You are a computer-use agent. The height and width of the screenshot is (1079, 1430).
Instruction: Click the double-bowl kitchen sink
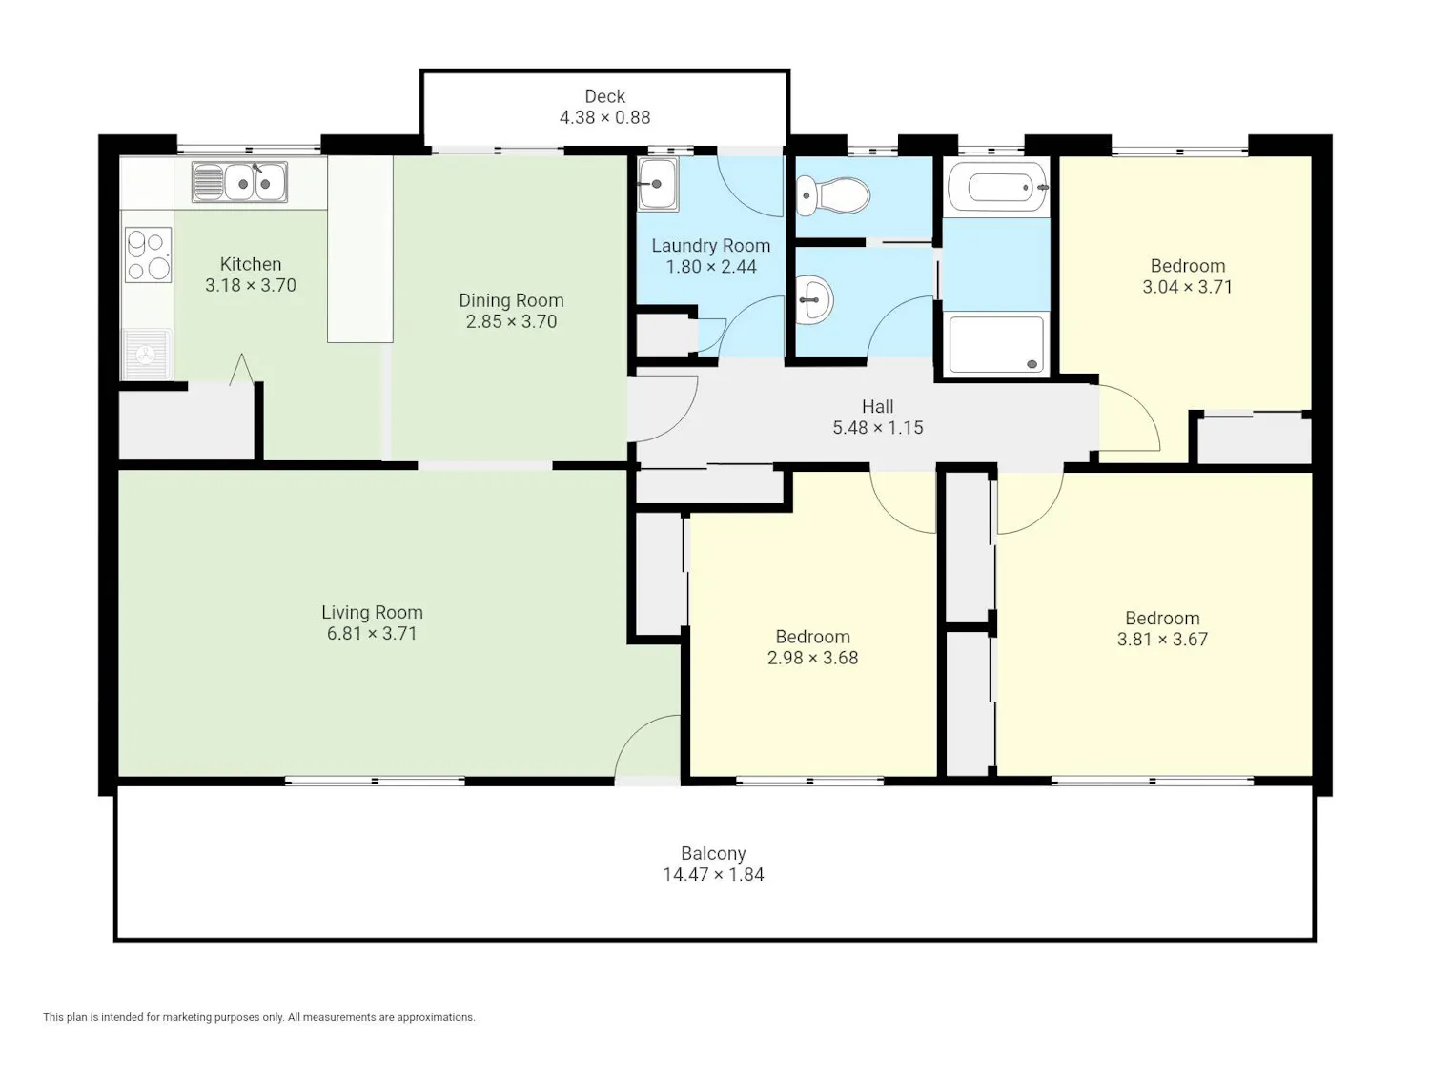pyautogui.click(x=239, y=182)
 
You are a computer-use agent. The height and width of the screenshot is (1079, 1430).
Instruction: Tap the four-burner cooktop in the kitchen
pyautogui.click(x=148, y=254)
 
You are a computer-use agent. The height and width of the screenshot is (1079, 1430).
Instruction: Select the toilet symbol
pyautogui.click(x=832, y=195)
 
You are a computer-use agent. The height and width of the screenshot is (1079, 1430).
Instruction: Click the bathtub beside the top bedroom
pyautogui.click(x=997, y=188)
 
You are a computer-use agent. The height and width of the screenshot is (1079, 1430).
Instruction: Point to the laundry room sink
pyautogui.click(x=658, y=184)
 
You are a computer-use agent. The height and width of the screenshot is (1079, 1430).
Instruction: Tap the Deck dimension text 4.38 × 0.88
pyautogui.click(x=604, y=118)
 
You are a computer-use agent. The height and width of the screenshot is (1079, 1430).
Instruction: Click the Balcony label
pyautogui.click(x=713, y=853)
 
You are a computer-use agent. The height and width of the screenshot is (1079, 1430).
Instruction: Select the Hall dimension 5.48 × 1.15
pyautogui.click(x=878, y=428)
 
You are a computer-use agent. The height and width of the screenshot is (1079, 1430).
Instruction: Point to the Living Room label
pyautogui.click(x=372, y=612)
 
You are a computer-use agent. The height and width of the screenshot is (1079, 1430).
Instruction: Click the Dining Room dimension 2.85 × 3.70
pyautogui.click(x=511, y=321)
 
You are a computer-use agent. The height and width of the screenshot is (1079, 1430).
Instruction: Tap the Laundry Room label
pyautogui.click(x=711, y=246)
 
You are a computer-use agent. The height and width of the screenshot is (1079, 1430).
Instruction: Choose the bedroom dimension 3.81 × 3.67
pyautogui.click(x=1162, y=640)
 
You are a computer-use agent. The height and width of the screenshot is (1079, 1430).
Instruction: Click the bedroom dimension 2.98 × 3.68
pyautogui.click(x=812, y=658)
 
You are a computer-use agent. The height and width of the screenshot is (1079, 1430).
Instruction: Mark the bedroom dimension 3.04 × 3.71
pyautogui.click(x=1188, y=287)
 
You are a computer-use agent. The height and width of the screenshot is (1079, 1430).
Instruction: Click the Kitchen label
pyautogui.click(x=251, y=264)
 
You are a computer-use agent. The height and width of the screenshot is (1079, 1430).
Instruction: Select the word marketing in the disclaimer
pyautogui.click(x=188, y=1017)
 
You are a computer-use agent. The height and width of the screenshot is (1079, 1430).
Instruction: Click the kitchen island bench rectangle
pyautogui.click(x=359, y=249)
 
